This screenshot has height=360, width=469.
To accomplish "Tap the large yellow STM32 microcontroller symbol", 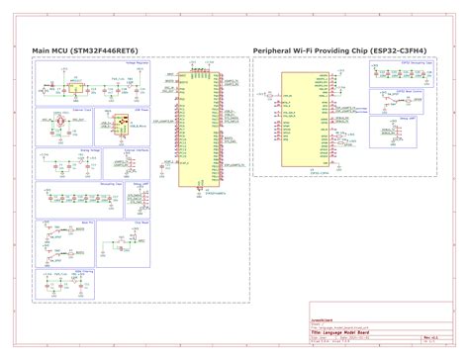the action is coord(201,129).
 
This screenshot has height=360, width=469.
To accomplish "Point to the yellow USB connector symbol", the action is coord(125,124).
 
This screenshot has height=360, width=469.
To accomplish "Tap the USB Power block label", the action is coord(140,108).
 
